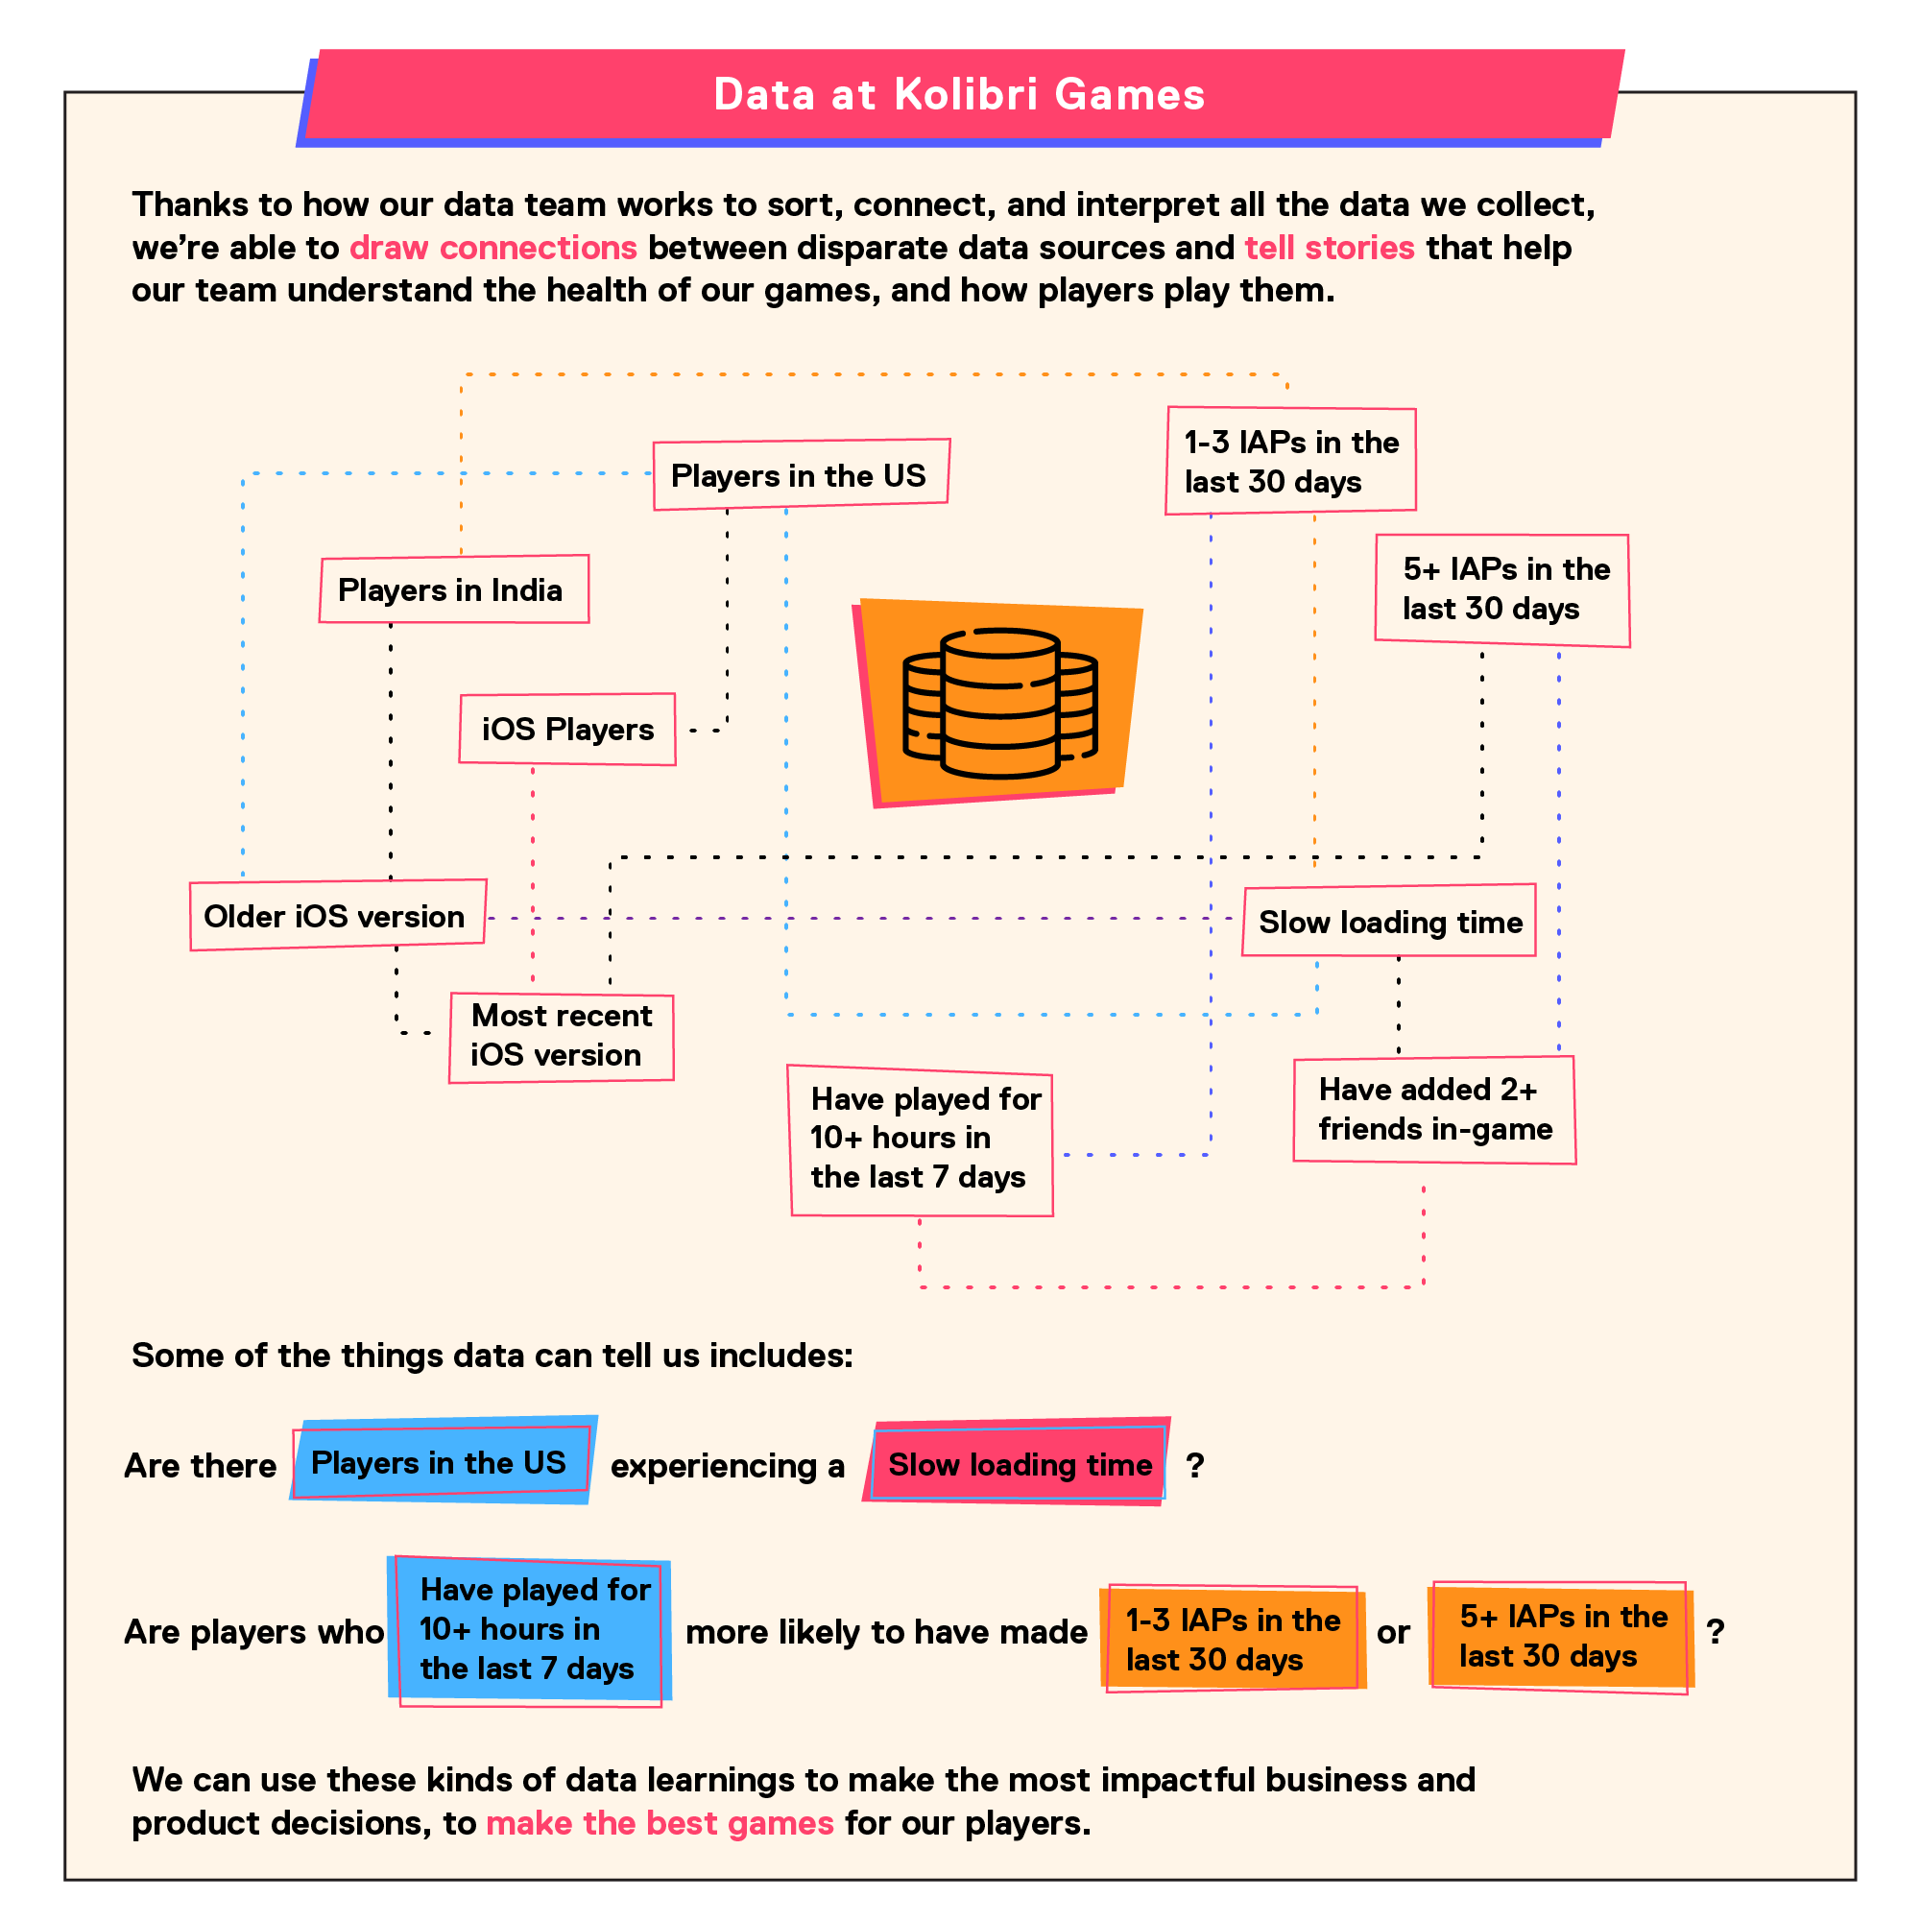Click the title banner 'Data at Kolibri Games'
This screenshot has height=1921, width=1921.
point(960,95)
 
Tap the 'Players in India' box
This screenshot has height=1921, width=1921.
point(454,588)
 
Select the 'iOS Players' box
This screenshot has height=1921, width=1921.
point(567,729)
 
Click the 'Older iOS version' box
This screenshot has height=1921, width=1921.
point(338,915)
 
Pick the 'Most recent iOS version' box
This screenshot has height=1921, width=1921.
point(562,1037)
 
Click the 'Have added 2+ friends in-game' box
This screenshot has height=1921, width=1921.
point(1435,1110)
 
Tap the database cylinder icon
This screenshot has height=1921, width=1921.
point(1000,703)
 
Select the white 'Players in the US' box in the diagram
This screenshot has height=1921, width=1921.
point(802,474)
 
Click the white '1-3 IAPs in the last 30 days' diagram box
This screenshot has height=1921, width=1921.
point(1290,461)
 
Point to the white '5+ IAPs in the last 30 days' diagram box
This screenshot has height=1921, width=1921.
point(1502,590)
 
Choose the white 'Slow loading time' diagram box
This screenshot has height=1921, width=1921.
point(1389,921)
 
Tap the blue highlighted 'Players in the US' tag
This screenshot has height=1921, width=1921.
point(444,1459)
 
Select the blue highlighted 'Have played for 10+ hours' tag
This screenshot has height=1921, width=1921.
point(530,1631)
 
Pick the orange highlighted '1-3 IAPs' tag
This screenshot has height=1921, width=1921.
point(1233,1639)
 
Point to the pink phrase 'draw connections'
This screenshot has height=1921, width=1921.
point(493,248)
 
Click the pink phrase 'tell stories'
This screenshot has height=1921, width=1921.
point(1330,248)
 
